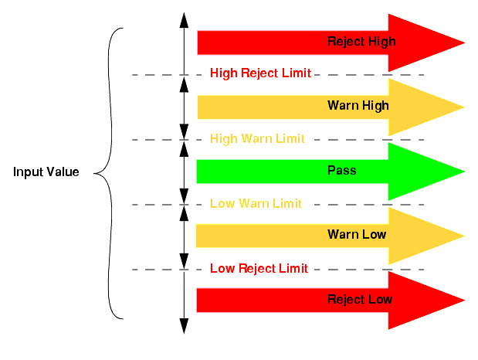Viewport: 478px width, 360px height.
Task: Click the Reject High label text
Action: (x=361, y=42)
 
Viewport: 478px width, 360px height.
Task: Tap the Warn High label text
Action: (x=358, y=106)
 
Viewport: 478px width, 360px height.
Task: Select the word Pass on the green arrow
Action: (x=342, y=170)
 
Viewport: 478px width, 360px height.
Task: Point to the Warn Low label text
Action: (x=357, y=234)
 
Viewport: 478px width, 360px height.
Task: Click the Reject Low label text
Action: (x=360, y=299)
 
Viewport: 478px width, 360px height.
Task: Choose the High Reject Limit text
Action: (x=260, y=73)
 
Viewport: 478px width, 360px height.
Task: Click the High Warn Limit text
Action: (x=257, y=139)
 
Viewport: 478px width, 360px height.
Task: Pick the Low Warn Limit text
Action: (x=256, y=204)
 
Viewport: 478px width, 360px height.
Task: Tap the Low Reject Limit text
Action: (x=259, y=269)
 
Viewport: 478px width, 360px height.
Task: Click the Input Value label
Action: (x=46, y=172)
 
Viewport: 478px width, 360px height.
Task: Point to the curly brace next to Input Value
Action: (x=106, y=173)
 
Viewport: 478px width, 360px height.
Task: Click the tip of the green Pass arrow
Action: (x=463, y=171)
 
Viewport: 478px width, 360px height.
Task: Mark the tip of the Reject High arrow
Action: (x=463, y=42)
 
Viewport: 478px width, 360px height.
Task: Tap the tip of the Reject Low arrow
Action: (x=463, y=300)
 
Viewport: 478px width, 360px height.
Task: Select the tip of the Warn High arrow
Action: (x=463, y=107)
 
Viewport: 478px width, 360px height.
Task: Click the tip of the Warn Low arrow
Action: (x=463, y=235)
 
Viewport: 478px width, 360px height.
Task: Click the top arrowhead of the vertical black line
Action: (x=184, y=17)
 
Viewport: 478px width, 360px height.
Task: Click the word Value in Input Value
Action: (x=63, y=172)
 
